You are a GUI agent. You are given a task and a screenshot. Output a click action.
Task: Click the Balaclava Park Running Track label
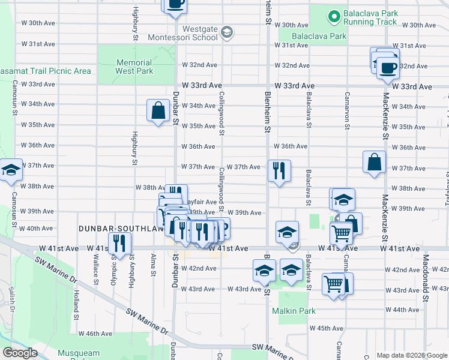click(370, 17)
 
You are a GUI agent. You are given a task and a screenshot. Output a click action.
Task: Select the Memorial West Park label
click(134, 67)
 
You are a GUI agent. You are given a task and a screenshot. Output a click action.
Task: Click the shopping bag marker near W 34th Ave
click(158, 110)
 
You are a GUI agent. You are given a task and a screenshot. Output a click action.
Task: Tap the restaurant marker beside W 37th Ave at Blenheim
click(279, 171)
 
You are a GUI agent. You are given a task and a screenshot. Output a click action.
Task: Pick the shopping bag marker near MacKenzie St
click(374, 162)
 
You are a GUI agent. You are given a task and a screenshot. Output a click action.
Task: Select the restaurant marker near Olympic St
click(121, 243)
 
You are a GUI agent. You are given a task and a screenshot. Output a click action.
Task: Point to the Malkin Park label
click(293, 311)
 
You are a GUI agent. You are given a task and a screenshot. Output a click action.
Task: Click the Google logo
click(20, 353)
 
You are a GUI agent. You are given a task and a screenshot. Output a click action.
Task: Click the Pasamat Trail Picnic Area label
click(46, 71)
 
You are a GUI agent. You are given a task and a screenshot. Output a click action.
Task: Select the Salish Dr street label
click(11, 298)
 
